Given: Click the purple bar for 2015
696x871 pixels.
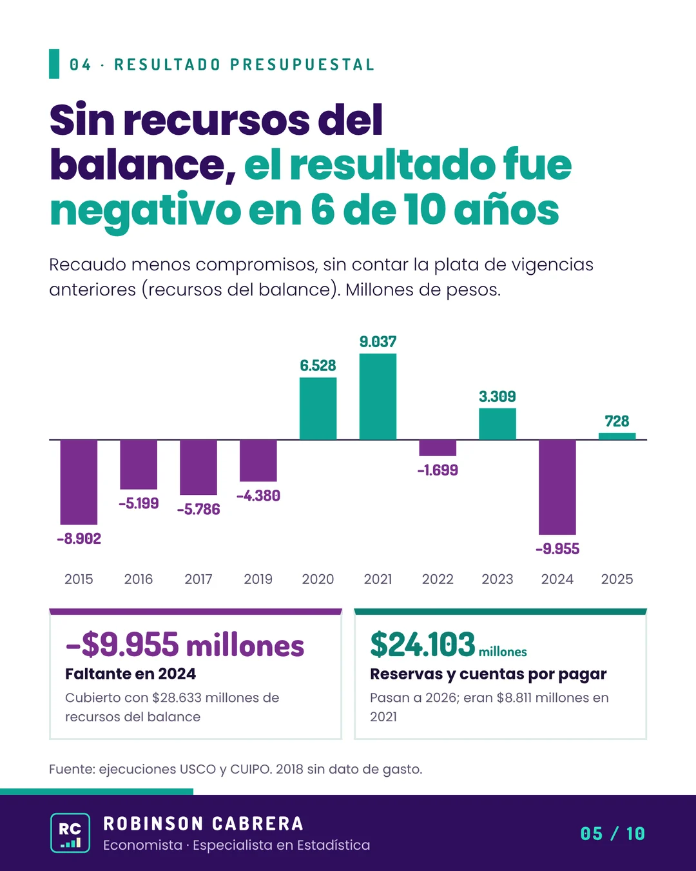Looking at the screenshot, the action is pos(79,482).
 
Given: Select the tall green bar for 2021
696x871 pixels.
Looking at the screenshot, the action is pos(378,397).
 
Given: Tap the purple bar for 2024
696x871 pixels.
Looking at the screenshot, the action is pos(557,487).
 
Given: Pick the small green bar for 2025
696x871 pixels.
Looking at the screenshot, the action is pos(617,436).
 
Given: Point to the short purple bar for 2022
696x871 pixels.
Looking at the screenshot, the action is pos(438,448).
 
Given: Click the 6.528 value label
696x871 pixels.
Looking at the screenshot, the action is pos(318,365).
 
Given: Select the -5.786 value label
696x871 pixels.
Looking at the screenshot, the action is pos(198,509).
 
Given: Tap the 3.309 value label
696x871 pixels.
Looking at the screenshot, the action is pos(498,396).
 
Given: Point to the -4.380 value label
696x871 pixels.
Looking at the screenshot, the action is pos(258,496).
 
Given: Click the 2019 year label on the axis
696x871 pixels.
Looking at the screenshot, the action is pos(258,579).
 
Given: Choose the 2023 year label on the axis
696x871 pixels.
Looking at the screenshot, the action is pos(498,579).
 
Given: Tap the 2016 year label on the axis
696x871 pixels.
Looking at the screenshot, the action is pos(139,579).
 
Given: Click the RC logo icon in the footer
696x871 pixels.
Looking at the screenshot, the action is pos(70,832).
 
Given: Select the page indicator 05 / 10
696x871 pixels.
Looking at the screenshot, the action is pos(613,834).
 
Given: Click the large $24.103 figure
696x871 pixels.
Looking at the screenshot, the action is pos(422,644).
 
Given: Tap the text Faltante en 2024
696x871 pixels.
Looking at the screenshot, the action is pos(131,674).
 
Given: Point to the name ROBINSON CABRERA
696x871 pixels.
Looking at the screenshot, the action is pos(204,824).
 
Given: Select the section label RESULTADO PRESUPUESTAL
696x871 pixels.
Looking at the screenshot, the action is pos(245,65).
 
